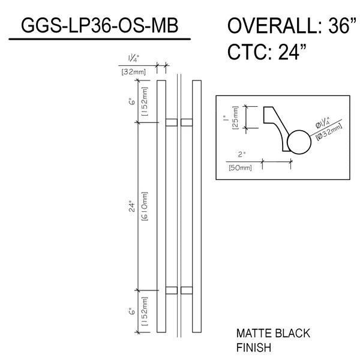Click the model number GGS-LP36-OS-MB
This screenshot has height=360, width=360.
[x=100, y=25]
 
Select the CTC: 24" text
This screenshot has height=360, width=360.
[x=267, y=52]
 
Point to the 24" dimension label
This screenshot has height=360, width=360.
[x=133, y=206]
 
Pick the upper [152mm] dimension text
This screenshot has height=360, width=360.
[x=145, y=101]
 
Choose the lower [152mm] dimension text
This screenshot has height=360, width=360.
[x=145, y=311]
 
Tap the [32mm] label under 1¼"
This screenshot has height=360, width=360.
[x=133, y=72]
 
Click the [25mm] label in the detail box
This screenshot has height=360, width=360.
[x=236, y=118]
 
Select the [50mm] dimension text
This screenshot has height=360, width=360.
[x=240, y=167]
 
